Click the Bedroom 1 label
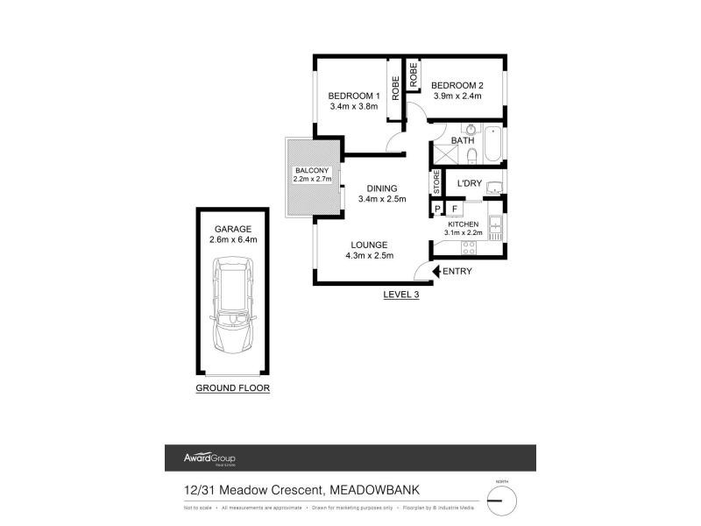[353, 96]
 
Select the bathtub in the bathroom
[492, 146]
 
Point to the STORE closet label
[436, 182]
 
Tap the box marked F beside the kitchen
[455, 209]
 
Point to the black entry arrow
[435, 272]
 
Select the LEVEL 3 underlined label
[401, 295]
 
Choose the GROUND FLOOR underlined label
[232, 387]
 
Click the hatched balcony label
[311, 170]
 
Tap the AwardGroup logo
[209, 458]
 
